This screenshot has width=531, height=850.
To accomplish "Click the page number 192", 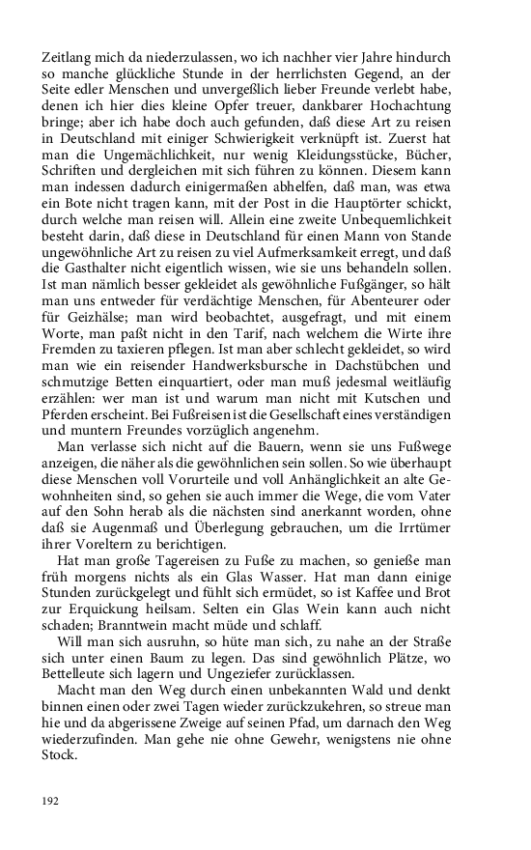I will (x=51, y=800).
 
